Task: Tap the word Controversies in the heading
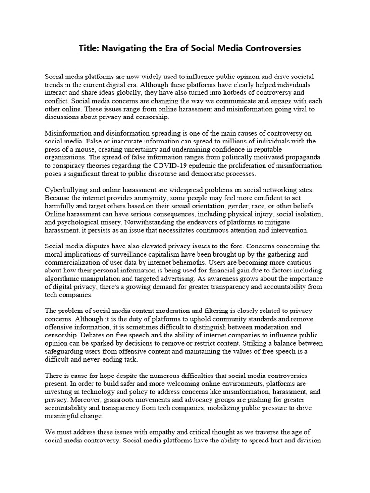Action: click(x=272, y=48)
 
